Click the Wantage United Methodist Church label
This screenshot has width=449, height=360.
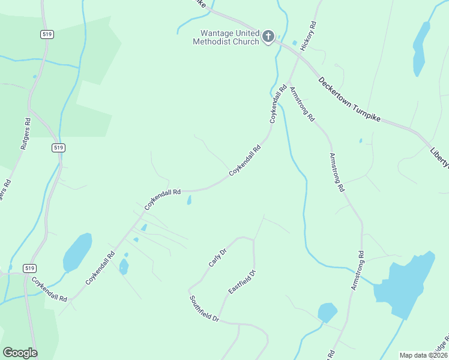tap(226, 37)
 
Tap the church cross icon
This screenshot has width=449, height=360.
tap(268, 36)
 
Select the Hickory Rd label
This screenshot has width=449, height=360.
tap(309, 37)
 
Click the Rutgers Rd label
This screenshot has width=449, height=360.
tap(25, 133)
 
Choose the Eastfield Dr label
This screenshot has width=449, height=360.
tap(243, 282)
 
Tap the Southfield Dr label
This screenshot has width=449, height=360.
tap(205, 310)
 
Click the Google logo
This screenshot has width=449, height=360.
tap(20, 353)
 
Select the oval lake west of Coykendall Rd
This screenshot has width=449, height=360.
tap(77, 252)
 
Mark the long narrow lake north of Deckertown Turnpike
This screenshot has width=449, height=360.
tap(420, 49)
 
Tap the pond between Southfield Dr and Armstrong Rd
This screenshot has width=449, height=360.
tap(327, 313)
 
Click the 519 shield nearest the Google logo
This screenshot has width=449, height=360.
tap(30, 267)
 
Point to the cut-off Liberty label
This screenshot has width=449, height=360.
tap(439, 155)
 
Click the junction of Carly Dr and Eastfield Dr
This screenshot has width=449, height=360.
tap(253, 241)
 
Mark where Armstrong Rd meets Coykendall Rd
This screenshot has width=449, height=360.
tap(288, 83)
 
